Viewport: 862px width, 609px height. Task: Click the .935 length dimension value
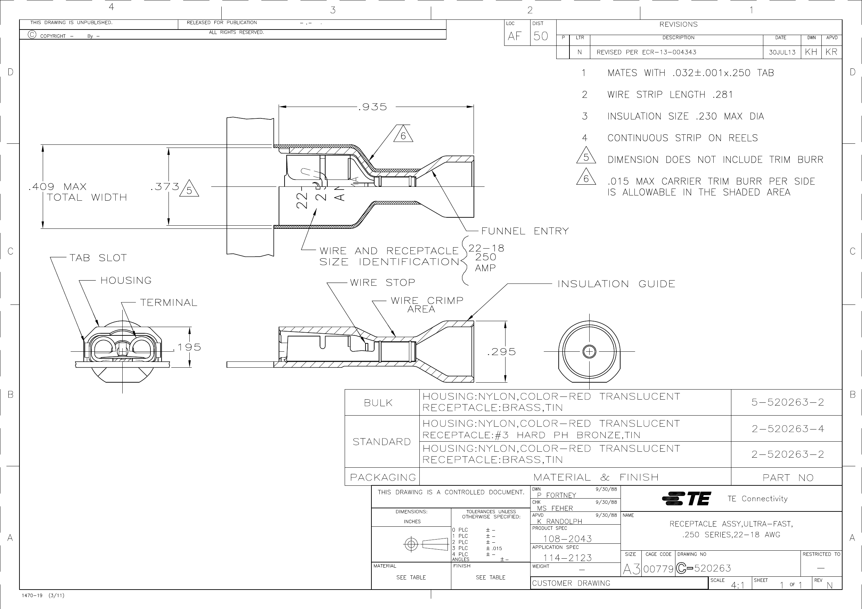click(x=372, y=107)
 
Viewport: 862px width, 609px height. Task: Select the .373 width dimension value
click(x=165, y=186)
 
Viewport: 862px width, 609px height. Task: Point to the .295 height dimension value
click(x=501, y=352)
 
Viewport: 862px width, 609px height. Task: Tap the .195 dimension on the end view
click(x=187, y=347)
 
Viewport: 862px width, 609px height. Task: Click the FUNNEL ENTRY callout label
click(x=525, y=231)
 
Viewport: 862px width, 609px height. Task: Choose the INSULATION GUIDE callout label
click(x=616, y=284)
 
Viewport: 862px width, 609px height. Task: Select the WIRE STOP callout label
click(x=383, y=283)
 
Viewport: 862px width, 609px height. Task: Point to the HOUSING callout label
click(x=126, y=280)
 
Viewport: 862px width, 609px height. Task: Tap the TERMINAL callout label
click(x=169, y=302)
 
